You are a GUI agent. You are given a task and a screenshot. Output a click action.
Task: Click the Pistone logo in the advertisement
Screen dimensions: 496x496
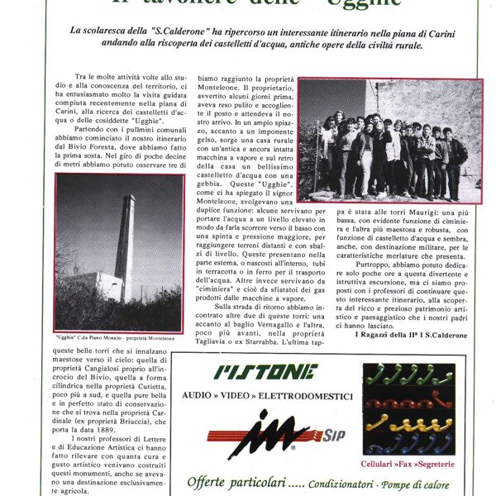[265, 371]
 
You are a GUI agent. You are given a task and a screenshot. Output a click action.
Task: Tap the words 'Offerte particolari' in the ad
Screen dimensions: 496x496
[227, 481]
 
